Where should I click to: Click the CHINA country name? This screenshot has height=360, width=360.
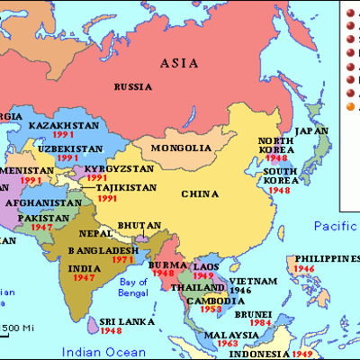200,193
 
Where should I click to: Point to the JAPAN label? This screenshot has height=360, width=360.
311,130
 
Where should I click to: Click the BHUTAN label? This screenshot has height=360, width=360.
143,225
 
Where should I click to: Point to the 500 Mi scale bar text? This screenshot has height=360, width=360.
16,326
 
